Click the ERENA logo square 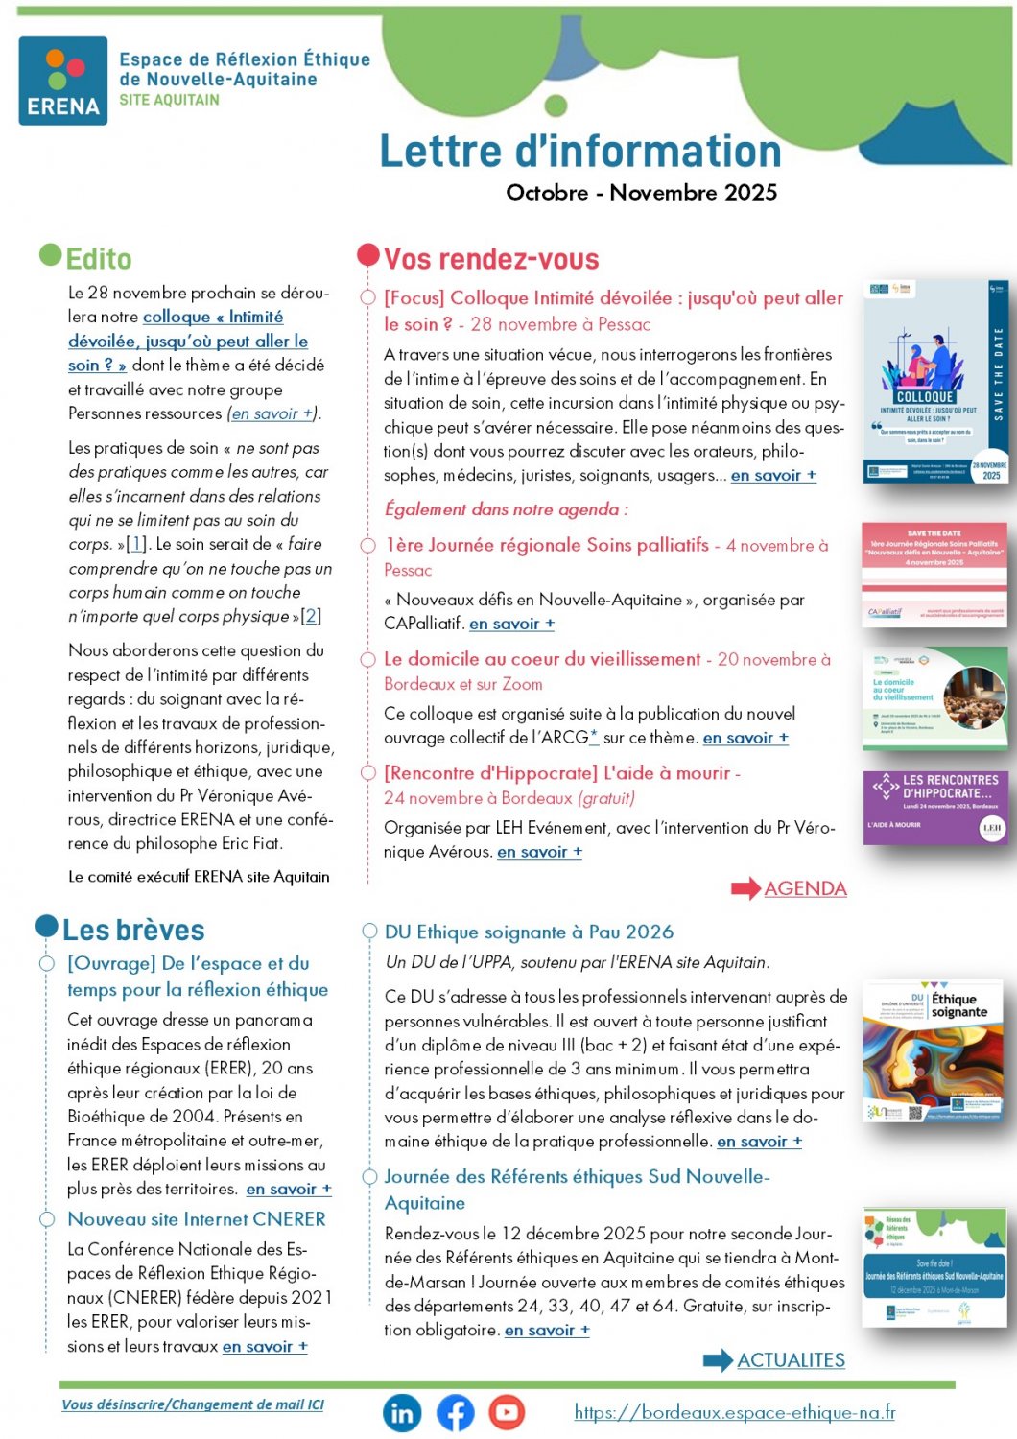pos(63,82)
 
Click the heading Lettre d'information pos(580,152)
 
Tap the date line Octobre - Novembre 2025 pos(641,193)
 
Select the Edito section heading pos(98,259)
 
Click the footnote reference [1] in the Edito pos(136,544)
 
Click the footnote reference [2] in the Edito pos(311,616)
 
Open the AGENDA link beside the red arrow pos(805,888)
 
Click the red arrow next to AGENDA pos(745,888)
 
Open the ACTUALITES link pos(791,1360)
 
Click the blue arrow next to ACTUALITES pos(718,1360)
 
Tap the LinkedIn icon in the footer pos(402,1412)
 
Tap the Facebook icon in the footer pos(456,1412)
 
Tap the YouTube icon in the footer pos(507,1412)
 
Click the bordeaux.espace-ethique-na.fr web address pos(735,1412)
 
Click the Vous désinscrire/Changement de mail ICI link pos(193,1404)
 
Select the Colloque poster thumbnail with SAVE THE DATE pos(934,382)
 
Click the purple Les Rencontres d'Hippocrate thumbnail pos(934,808)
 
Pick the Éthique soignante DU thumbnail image pos(933,1052)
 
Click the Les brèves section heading pos(133,931)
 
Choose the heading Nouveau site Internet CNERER pos(197,1219)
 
